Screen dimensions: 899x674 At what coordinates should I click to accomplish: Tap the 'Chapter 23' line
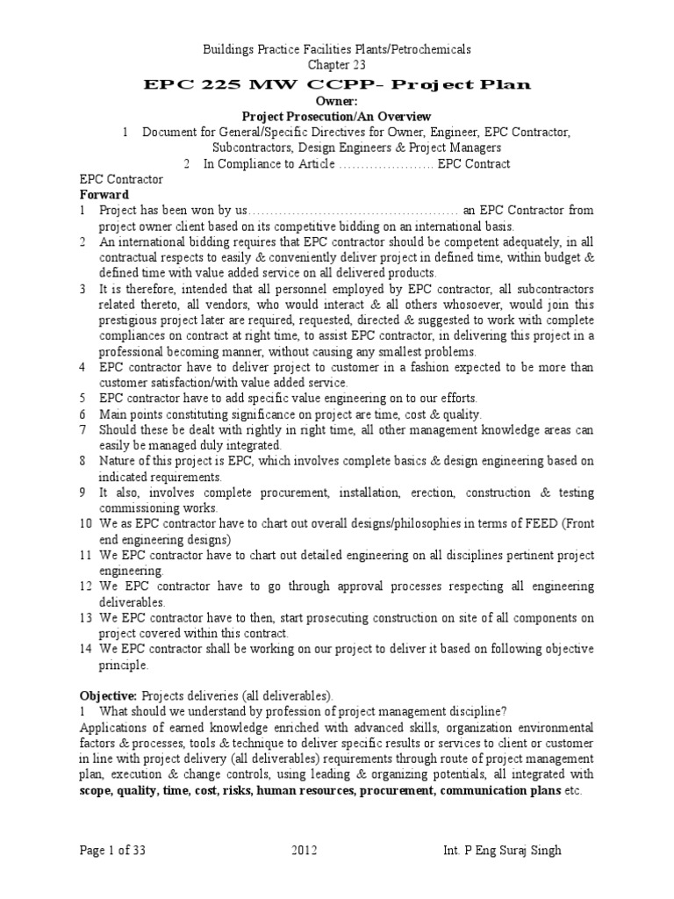click(x=336, y=66)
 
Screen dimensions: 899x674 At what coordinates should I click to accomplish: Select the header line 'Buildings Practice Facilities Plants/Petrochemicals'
click(x=337, y=51)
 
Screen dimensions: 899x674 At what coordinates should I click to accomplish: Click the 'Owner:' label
click(x=337, y=101)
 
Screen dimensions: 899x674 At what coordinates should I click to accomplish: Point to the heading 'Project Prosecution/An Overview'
click(x=337, y=116)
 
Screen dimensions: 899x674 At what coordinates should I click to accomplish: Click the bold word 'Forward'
click(x=104, y=194)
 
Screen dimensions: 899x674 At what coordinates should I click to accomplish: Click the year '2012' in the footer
click(x=302, y=851)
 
